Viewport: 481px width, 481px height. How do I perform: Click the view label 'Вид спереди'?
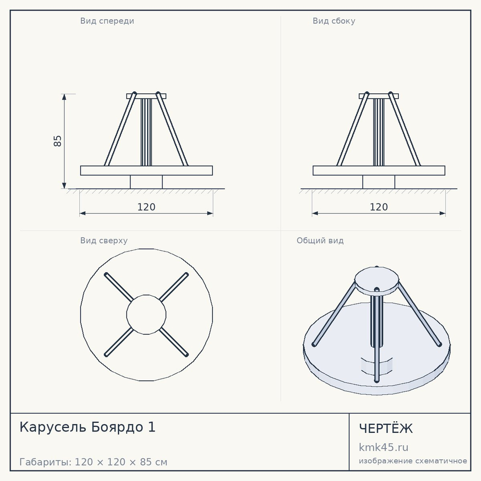tap(107, 21)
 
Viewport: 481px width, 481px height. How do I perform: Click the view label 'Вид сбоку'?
tap(334, 21)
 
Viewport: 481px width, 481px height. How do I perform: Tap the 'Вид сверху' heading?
tap(104, 240)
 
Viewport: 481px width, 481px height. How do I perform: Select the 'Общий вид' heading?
tap(320, 240)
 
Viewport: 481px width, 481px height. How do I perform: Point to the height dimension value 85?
tap(57, 141)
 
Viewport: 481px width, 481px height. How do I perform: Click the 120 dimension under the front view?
tap(146, 207)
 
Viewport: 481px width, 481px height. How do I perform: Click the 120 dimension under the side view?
tap(379, 207)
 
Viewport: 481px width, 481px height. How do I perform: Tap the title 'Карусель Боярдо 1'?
tap(88, 427)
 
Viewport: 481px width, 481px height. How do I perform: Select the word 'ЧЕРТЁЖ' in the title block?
tap(386, 429)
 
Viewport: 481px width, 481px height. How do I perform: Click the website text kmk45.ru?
tap(383, 447)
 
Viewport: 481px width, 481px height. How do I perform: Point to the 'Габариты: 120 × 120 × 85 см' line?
tap(93, 462)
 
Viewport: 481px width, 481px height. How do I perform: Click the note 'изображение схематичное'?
tap(413, 461)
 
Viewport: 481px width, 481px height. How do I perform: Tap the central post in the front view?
tap(146, 132)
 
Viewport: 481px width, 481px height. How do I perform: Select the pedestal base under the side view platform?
tap(379, 182)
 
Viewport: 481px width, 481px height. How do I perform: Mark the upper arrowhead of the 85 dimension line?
tap(64, 97)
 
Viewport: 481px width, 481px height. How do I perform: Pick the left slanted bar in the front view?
tap(120, 129)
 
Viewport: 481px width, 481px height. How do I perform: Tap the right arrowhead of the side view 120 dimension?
tap(443, 213)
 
